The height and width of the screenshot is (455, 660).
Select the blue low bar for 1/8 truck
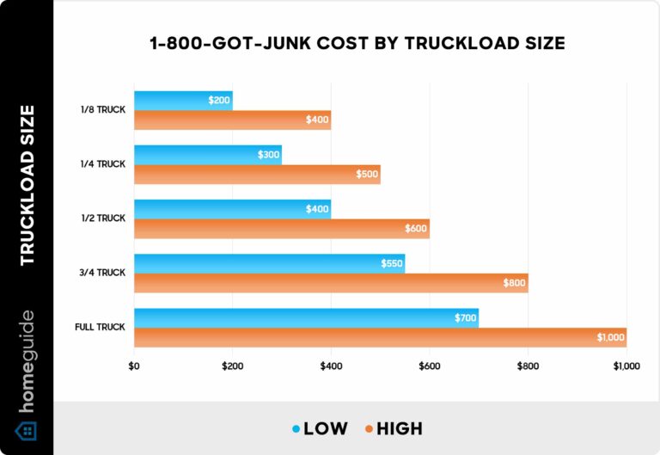(x=182, y=101)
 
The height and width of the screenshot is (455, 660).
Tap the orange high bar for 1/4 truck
(x=256, y=175)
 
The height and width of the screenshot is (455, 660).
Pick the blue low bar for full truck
(x=305, y=318)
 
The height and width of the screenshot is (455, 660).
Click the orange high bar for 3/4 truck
(x=330, y=283)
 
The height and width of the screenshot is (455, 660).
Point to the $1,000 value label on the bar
(x=611, y=338)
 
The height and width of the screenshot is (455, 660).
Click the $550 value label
(x=392, y=263)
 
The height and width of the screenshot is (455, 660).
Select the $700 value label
(x=465, y=318)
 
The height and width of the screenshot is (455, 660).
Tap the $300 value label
(x=268, y=155)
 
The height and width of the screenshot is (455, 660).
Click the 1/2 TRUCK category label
(x=102, y=218)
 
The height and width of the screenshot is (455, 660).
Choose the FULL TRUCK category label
(x=101, y=327)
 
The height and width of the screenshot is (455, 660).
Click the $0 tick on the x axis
(x=134, y=366)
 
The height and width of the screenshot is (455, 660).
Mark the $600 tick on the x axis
(x=430, y=366)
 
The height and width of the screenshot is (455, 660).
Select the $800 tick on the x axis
(x=528, y=366)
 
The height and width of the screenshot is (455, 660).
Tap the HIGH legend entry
(x=393, y=427)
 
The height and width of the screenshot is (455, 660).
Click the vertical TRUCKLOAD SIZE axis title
(x=27, y=184)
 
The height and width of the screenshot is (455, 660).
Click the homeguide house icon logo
(x=27, y=430)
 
